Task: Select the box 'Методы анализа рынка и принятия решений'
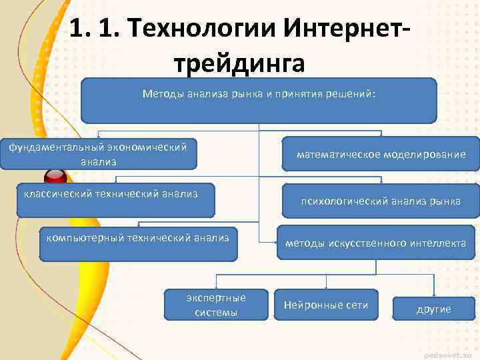[x=259, y=100]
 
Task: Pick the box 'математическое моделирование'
[x=381, y=155]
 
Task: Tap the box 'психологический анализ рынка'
[x=381, y=201]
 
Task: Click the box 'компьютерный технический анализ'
[x=137, y=244]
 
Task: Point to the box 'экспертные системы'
[x=217, y=305]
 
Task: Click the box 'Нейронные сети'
[x=326, y=305]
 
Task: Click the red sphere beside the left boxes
[x=54, y=178]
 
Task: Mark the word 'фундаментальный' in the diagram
[x=49, y=147]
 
